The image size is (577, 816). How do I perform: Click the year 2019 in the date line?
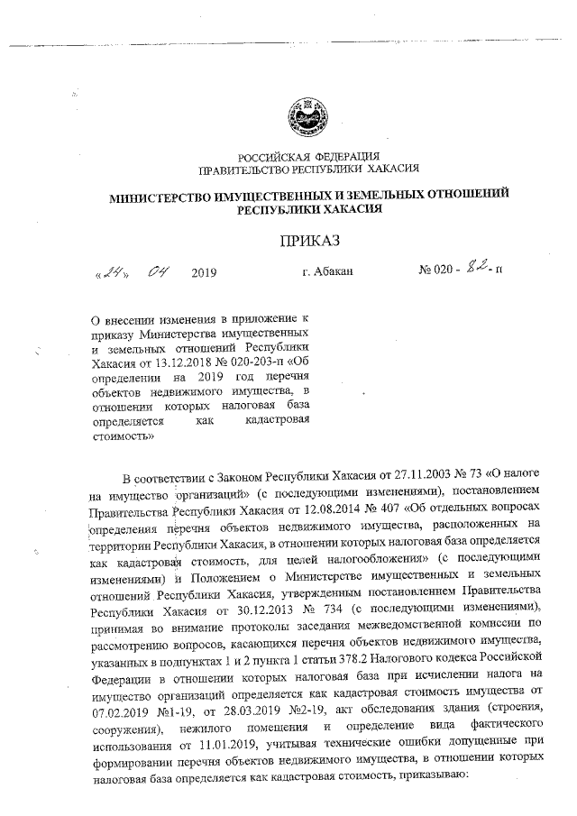coord(204,270)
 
